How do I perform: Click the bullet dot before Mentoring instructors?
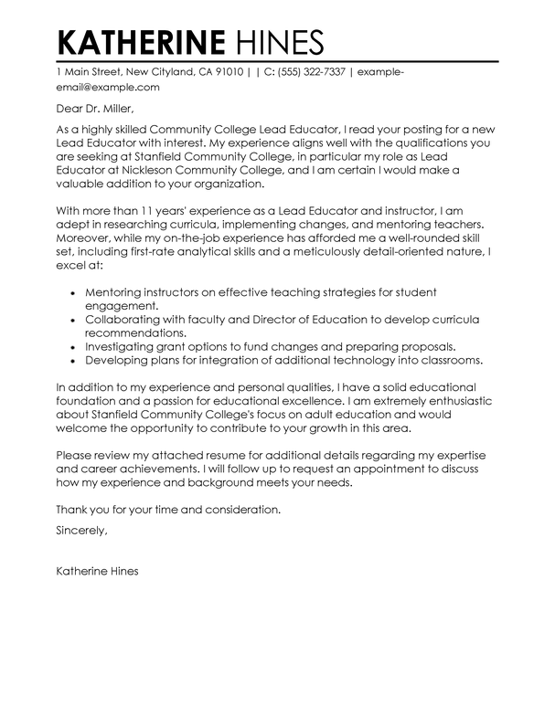[73, 293]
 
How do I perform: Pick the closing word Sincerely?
[81, 530]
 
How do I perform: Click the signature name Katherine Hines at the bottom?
[98, 598]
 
